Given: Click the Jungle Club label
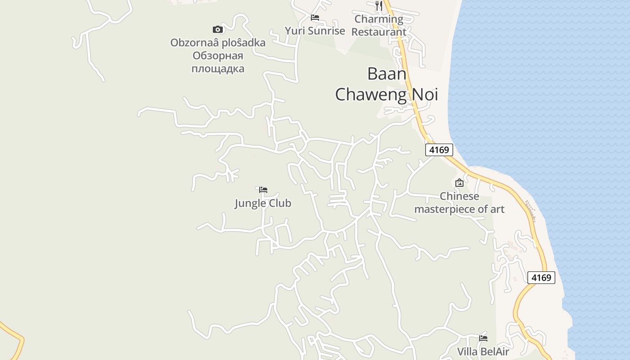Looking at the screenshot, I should pos(263,203).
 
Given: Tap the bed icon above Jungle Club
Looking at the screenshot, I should pos(263,189).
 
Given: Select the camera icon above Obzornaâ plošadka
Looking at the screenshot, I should pos(218,30).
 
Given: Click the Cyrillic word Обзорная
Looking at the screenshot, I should pos(218,56).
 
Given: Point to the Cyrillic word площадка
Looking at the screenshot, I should pos(218,69).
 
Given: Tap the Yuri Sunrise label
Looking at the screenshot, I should pos(315,31).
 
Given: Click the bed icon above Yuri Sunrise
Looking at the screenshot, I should pos(315,18).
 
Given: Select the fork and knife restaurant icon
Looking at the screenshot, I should pos(379,6).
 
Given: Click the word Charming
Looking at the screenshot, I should pos(379,19).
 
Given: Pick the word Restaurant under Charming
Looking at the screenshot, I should pos(379,32).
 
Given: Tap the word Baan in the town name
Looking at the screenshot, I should pos(387,74).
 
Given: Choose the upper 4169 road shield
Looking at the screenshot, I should pos(439,150).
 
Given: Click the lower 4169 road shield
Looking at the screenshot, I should pos(541,278).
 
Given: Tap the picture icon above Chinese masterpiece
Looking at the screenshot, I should pos(459,183).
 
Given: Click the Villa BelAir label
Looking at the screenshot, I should pos(483,351).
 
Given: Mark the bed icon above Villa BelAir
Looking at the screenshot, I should pos(483,338).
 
